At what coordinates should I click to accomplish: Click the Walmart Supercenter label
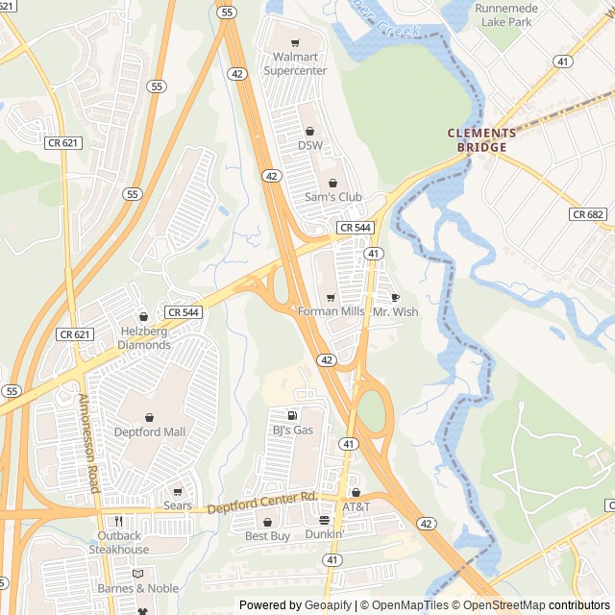(x=295, y=63)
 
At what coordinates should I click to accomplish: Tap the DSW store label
(x=310, y=145)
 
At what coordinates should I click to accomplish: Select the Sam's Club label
(x=333, y=197)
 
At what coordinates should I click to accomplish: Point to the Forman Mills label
(x=331, y=311)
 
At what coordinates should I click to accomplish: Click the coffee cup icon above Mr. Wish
(x=395, y=298)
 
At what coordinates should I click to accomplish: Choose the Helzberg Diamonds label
(x=144, y=338)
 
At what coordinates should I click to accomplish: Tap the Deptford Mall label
(x=151, y=431)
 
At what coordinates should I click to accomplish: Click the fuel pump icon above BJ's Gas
(x=292, y=415)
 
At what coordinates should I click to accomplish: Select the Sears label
(x=178, y=505)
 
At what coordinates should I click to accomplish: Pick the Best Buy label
(x=267, y=535)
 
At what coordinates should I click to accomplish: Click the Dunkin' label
(x=325, y=533)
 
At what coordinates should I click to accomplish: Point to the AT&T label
(x=356, y=506)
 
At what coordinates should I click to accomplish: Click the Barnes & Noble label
(x=137, y=588)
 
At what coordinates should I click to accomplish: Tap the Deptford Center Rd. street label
(x=261, y=502)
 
